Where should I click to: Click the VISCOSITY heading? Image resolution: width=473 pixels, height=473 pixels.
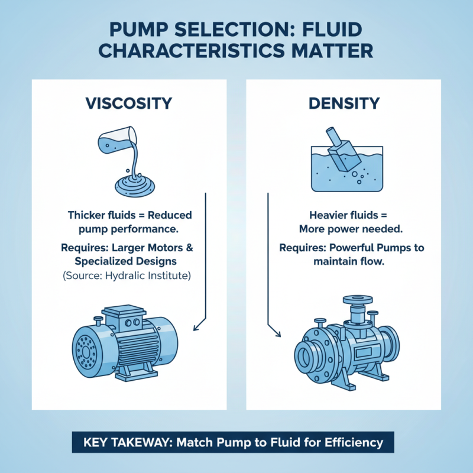click(x=129, y=103)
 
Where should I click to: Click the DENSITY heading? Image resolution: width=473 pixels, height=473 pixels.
click(x=344, y=103)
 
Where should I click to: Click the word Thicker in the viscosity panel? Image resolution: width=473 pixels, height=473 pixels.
click(x=88, y=215)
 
